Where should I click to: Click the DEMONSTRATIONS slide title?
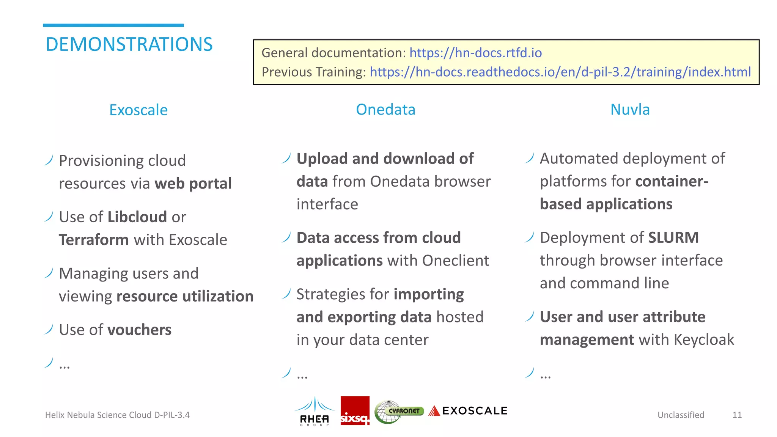(x=129, y=44)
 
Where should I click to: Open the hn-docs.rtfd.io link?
(x=475, y=53)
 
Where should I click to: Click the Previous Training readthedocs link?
(x=560, y=72)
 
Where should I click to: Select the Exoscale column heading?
(x=138, y=110)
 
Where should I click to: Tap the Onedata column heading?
(x=385, y=110)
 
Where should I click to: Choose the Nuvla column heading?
(x=630, y=110)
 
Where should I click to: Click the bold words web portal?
(x=193, y=184)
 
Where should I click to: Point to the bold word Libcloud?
(x=137, y=217)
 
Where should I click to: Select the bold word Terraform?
(x=94, y=240)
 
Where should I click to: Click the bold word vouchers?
(x=139, y=330)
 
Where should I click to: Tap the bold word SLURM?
(x=673, y=238)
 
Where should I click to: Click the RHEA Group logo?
(x=315, y=411)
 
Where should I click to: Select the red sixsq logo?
(x=355, y=411)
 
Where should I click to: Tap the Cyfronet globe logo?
(x=398, y=412)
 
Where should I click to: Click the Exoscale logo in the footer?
(x=468, y=411)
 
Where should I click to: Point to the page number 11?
(x=737, y=415)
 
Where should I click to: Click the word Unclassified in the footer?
(x=681, y=415)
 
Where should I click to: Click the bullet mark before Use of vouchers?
(x=49, y=329)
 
